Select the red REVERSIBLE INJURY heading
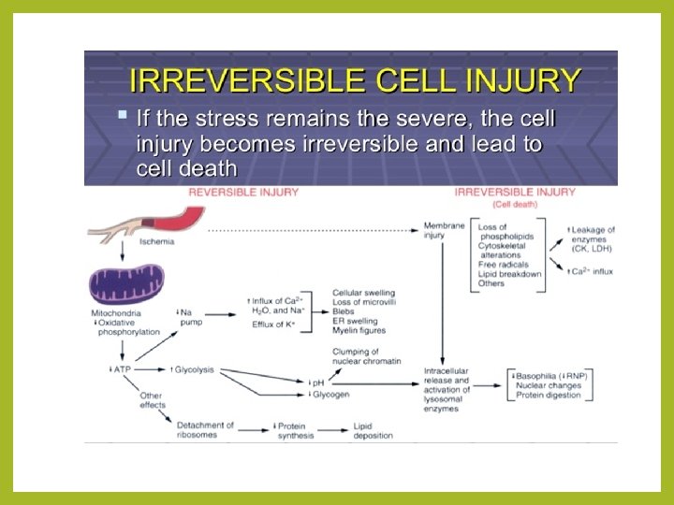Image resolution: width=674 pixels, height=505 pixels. click(243, 192)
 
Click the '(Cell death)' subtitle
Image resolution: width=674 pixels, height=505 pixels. click(515, 203)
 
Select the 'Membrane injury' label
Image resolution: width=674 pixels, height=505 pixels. click(444, 231)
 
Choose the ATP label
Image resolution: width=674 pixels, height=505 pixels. click(121, 369)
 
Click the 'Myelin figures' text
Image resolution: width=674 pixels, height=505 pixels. click(359, 330)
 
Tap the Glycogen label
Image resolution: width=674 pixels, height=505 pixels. click(331, 395)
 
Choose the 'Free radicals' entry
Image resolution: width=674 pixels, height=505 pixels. click(503, 264)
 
